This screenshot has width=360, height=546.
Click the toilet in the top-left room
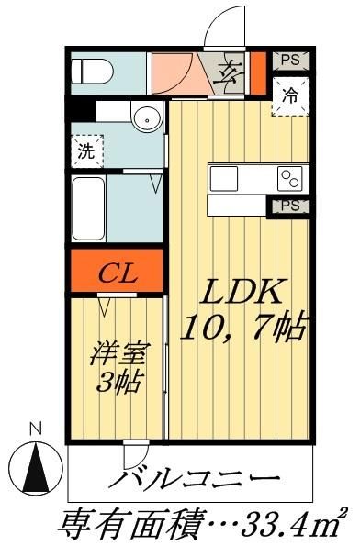click(x=92, y=69)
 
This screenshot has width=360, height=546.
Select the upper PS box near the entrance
click(x=290, y=61)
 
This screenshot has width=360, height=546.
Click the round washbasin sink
click(x=143, y=117)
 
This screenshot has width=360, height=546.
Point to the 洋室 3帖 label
click(x=117, y=366)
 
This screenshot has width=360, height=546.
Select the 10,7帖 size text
click(x=243, y=326)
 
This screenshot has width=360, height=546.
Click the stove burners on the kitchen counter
click(x=291, y=177)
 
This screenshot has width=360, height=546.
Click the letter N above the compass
click(x=36, y=429)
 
